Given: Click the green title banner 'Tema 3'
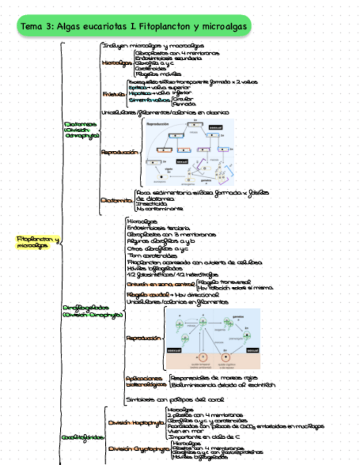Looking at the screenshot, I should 134,26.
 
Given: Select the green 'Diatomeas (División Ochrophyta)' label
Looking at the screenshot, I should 81,128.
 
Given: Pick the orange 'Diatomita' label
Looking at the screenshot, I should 116,200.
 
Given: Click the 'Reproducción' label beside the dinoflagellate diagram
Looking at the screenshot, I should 144,338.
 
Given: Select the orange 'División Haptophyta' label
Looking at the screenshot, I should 136,423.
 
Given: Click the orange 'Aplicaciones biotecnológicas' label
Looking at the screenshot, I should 144,382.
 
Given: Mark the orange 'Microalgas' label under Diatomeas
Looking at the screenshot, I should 117,63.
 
